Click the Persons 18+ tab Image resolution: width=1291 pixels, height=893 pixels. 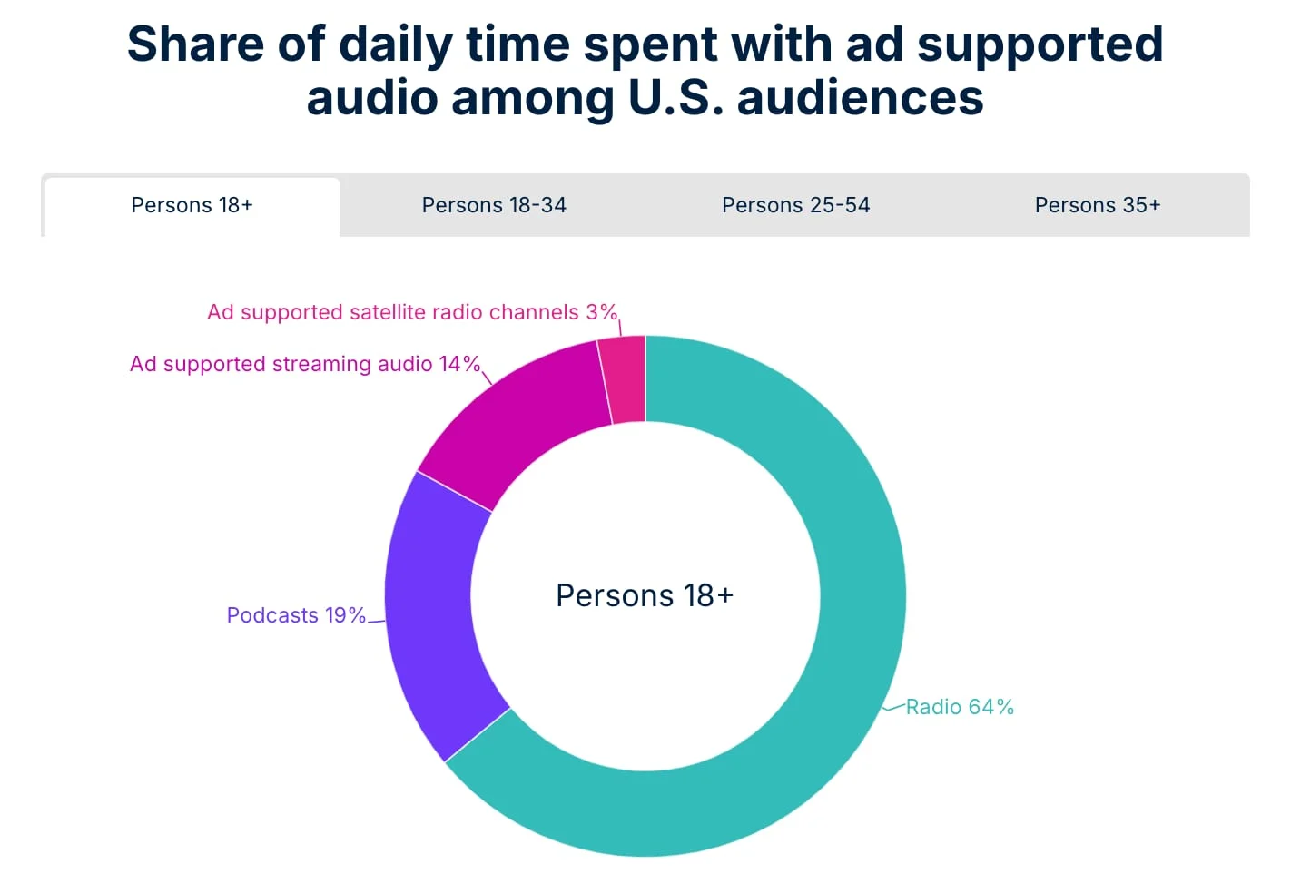[192, 205]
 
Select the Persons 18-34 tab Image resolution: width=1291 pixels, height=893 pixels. [494, 205]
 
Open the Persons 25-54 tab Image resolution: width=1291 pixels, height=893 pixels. [795, 205]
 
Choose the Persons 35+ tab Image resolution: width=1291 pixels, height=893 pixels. [1097, 205]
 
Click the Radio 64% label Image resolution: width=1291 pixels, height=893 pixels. [960, 707]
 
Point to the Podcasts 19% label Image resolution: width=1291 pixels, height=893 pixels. [296, 615]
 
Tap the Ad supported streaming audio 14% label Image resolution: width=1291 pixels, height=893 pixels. [304, 364]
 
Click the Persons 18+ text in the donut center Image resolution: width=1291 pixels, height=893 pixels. [645, 595]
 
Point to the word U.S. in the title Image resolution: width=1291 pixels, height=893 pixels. [675, 98]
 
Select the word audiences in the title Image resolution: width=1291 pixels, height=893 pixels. [860, 98]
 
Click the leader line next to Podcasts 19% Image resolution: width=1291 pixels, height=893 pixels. [376, 622]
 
